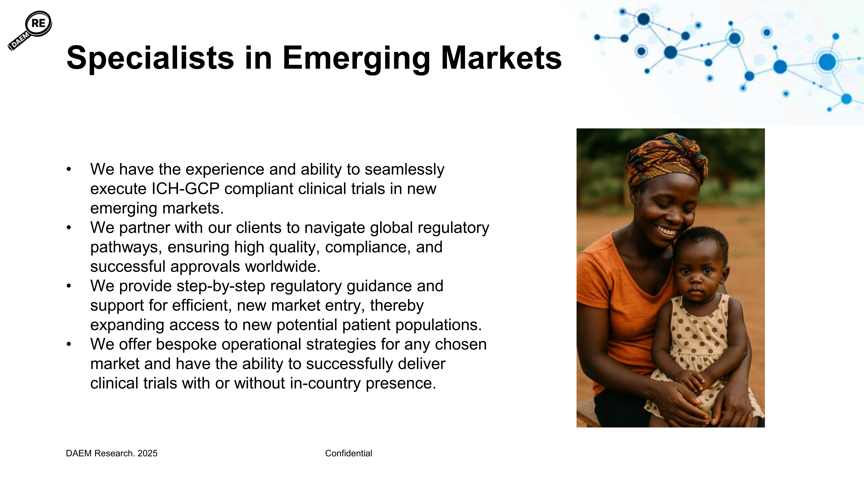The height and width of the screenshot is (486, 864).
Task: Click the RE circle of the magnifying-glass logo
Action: click(39, 24)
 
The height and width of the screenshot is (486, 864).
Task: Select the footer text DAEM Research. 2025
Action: click(112, 453)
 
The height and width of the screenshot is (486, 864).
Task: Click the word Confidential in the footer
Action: click(348, 453)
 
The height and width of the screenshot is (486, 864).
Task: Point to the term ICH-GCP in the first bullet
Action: click(186, 189)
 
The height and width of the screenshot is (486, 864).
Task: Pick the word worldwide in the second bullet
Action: click(283, 267)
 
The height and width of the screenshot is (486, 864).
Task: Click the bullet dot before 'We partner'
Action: click(69, 228)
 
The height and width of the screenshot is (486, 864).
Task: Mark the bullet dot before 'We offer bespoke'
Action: click(69, 345)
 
